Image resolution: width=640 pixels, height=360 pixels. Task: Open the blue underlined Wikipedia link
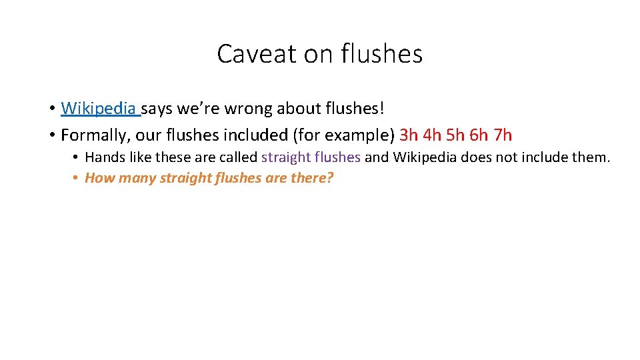pos(99,108)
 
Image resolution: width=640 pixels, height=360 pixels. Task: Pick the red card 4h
pos(433,135)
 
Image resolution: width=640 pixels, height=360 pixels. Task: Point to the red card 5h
pos(457,135)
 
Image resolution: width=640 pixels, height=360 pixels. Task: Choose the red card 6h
pos(479,135)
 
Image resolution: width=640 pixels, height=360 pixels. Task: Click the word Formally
pos(94,135)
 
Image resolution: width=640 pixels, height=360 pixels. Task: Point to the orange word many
pos(136,179)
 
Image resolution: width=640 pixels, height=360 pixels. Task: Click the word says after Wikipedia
pos(157,108)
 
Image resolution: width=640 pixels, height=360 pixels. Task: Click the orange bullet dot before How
pos(77,179)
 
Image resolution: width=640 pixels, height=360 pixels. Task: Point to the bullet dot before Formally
pos(51,136)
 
